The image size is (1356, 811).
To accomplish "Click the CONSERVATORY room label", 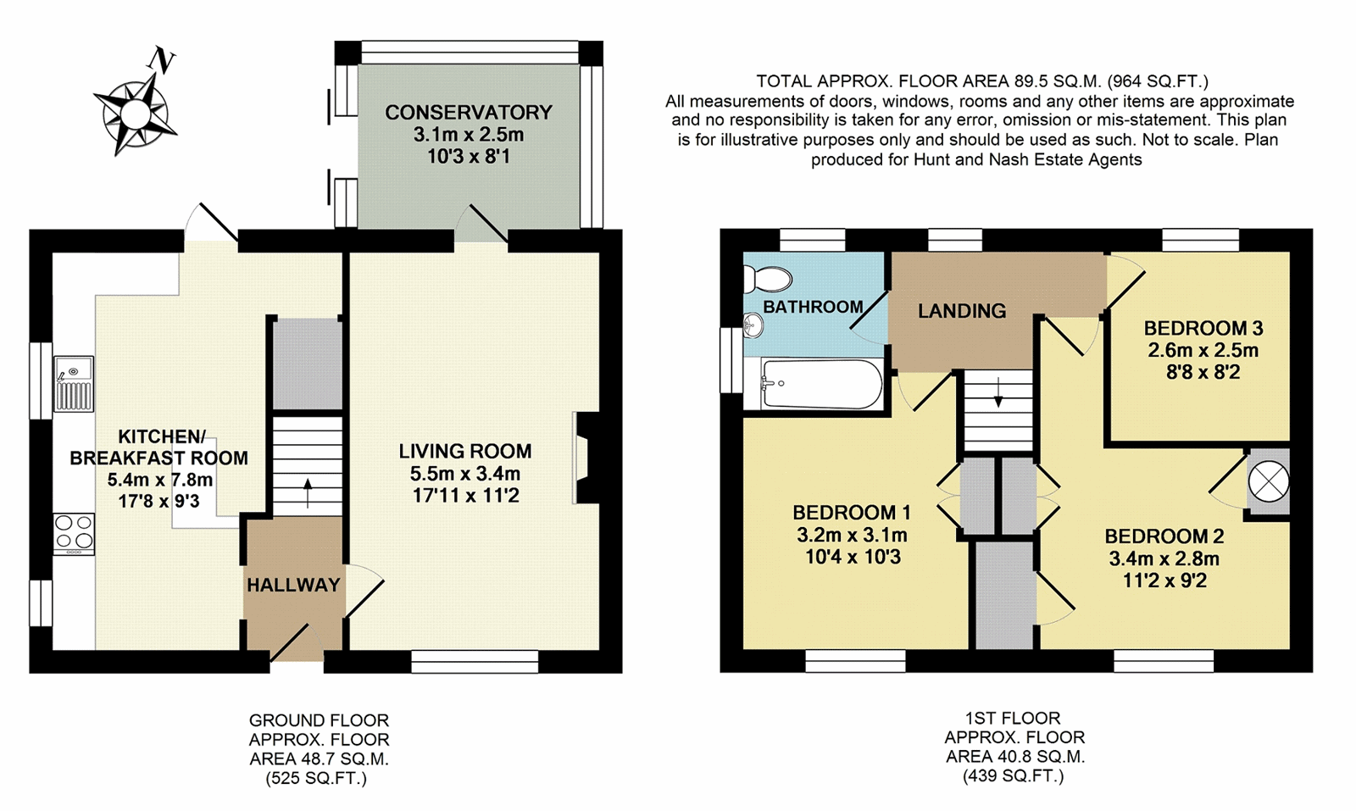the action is (x=469, y=113).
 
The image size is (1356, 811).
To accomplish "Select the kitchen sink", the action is (x=74, y=384).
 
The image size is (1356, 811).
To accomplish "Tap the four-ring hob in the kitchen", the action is (x=74, y=533).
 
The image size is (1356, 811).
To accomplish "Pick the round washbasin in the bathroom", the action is (x=753, y=325).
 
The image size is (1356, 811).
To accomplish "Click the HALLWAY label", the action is (x=293, y=585).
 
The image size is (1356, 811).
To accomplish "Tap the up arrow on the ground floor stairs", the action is (x=308, y=492).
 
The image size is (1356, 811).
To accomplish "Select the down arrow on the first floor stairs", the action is (x=998, y=392).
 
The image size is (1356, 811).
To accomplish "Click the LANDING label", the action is (x=962, y=310).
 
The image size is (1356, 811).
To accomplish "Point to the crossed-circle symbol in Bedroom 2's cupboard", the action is (x=1269, y=481).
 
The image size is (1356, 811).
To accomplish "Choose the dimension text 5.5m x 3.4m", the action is (x=465, y=473).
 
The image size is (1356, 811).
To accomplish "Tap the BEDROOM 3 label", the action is (x=1203, y=328).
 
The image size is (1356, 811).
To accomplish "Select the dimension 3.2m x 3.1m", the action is (x=852, y=535).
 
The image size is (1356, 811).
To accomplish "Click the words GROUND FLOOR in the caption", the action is (x=319, y=720).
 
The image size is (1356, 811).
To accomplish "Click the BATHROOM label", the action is (x=813, y=307).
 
